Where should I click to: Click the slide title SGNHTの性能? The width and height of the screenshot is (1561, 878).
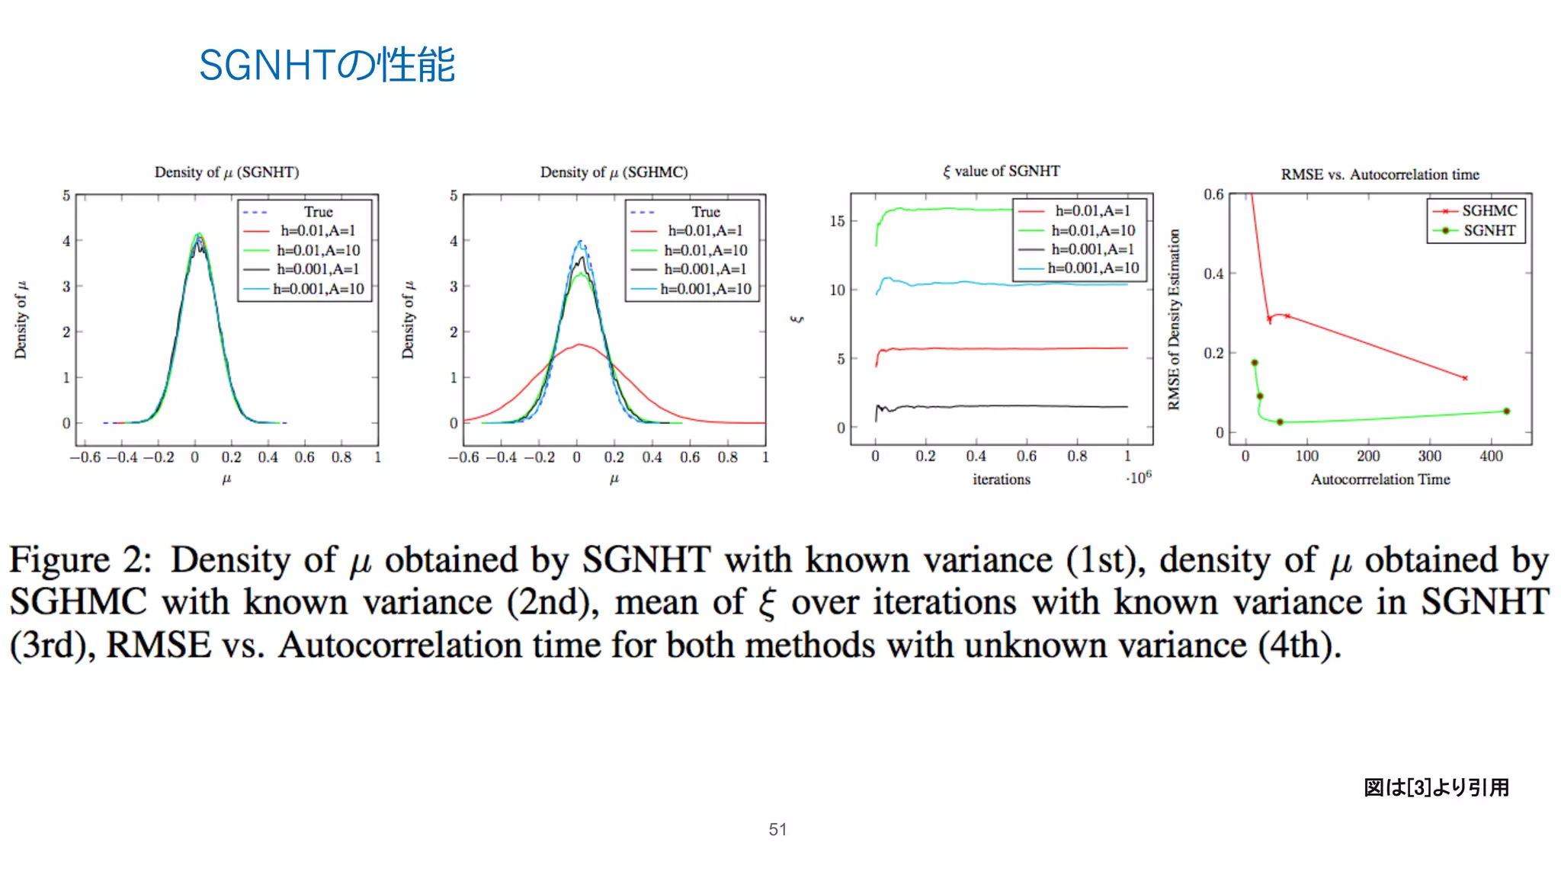click(x=326, y=65)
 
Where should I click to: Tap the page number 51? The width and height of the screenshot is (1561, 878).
click(x=777, y=829)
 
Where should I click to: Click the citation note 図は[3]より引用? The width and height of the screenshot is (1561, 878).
click(x=1436, y=787)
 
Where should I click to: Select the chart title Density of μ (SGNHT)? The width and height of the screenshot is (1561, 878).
click(x=226, y=172)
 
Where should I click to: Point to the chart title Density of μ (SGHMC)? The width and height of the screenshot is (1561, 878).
click(x=614, y=172)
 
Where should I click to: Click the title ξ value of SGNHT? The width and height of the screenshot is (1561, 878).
click(x=1001, y=171)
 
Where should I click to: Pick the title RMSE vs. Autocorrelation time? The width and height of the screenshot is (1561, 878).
click(x=1380, y=175)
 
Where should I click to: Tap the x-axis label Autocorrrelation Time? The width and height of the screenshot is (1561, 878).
click(x=1380, y=479)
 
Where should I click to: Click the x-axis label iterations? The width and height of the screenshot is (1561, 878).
click(x=1001, y=479)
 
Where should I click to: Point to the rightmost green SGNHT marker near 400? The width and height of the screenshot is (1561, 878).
click(x=1506, y=412)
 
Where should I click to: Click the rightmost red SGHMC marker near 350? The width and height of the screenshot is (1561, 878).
click(x=1464, y=378)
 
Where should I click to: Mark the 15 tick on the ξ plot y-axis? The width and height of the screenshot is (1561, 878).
click(x=837, y=221)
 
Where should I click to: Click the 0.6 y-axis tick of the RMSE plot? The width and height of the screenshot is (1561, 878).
click(x=1213, y=195)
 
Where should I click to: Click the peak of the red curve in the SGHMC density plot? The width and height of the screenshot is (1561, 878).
click(x=581, y=344)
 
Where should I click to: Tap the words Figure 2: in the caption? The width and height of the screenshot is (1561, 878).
click(x=81, y=560)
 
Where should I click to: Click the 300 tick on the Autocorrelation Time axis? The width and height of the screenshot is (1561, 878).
click(x=1429, y=457)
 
